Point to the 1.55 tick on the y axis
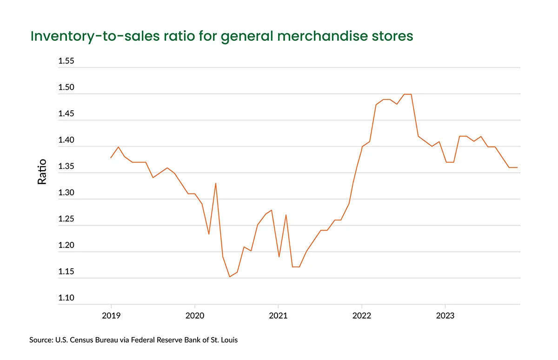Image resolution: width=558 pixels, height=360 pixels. tap(66, 61)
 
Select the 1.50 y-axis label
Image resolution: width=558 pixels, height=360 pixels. tap(66, 88)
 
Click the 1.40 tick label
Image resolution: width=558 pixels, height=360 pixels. tap(66, 140)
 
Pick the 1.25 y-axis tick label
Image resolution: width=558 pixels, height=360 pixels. tap(66, 220)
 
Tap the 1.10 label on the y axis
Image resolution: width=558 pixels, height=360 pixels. tap(66, 298)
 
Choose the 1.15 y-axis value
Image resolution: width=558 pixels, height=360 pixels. tap(66, 272)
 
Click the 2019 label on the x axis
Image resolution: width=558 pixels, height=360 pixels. tap(111, 316)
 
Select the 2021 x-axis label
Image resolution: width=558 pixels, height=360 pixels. tap(278, 316)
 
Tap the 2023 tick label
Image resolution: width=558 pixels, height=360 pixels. tap(445, 316)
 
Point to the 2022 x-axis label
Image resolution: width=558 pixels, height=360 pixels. tap(362, 316)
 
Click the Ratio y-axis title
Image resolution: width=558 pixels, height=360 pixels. tap(42, 172)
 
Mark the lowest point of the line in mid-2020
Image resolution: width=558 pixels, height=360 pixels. tap(229, 277)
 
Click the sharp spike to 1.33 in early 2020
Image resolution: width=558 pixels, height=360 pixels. tap(216, 183)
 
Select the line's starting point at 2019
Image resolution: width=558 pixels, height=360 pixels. tap(111, 158)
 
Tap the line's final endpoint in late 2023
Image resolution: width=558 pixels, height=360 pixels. tap(517, 167)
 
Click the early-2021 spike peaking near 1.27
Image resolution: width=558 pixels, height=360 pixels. tap(286, 215)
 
